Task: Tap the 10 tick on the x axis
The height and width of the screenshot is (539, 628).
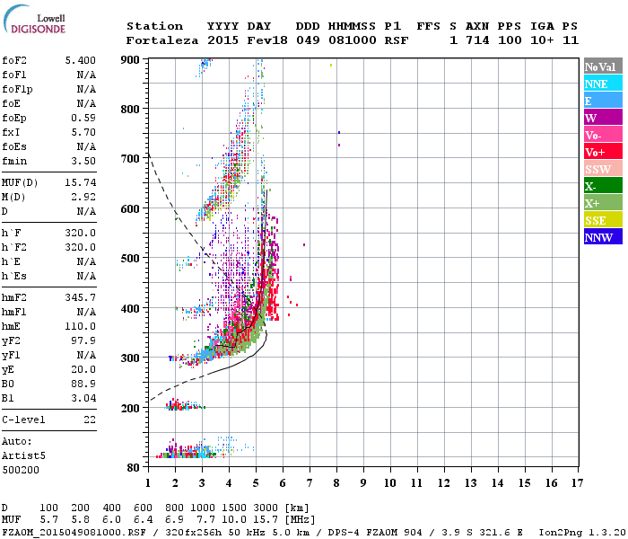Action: tap(389, 482)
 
